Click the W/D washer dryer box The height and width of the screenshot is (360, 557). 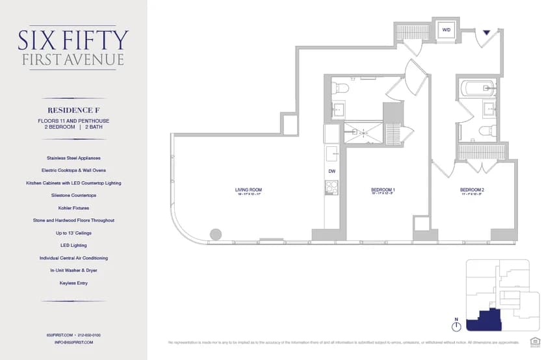click(x=447, y=30)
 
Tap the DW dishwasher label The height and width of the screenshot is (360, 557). click(x=331, y=171)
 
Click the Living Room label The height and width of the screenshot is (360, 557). click(x=248, y=190)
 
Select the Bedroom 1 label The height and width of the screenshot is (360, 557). click(x=383, y=190)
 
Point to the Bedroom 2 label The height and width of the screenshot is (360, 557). click(x=473, y=190)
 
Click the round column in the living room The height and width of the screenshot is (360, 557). click(x=215, y=234)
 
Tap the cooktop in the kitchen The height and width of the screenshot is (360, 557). click(x=331, y=187)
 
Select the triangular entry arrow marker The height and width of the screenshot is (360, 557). click(x=486, y=31)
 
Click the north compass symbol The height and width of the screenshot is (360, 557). click(x=456, y=326)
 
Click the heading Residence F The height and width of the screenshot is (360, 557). click(x=73, y=110)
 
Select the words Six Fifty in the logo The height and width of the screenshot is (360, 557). click(x=73, y=40)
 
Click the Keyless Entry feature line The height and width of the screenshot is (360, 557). click(x=73, y=283)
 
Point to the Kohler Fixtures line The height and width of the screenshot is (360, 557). click(x=73, y=208)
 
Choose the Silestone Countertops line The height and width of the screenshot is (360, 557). click(x=73, y=195)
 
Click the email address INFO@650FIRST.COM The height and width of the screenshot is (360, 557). click(x=74, y=342)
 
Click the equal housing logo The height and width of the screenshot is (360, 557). click(x=535, y=341)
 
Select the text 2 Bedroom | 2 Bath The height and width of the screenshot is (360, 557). click(x=73, y=127)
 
